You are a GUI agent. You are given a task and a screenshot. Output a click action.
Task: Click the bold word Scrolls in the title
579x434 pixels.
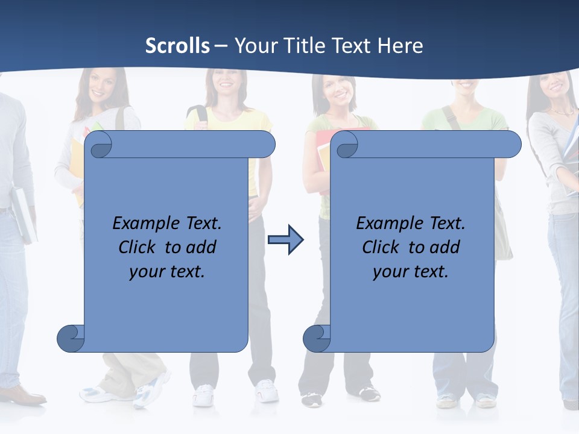tap(177, 46)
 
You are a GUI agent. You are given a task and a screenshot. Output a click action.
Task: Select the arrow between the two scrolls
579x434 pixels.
tap(285, 240)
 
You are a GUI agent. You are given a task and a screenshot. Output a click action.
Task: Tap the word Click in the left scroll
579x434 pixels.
tap(138, 247)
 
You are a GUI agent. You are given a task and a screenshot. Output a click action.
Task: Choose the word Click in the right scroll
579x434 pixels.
tap(381, 247)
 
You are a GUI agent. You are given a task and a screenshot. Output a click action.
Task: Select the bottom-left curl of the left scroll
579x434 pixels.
tap(71, 338)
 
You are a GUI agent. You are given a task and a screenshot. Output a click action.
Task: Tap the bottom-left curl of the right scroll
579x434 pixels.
tap(316, 338)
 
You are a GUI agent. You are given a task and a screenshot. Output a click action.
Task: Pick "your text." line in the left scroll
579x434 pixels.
tap(167, 271)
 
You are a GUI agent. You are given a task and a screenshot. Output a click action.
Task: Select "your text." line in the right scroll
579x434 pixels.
tap(411, 271)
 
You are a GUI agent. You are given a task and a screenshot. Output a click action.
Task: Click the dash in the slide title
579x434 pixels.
tap(221, 46)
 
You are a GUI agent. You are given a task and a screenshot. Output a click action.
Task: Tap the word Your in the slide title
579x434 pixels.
tap(253, 46)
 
